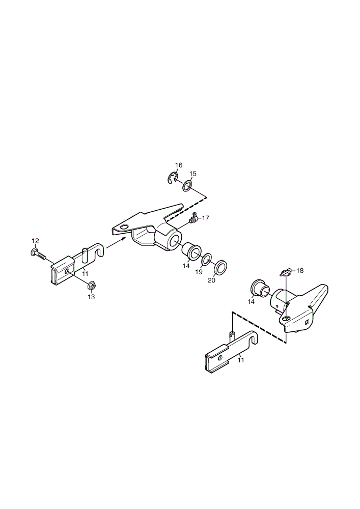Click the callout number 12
[35, 241]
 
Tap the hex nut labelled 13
[91, 286]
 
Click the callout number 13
[91, 297]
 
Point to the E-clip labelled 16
[173, 178]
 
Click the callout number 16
[179, 165]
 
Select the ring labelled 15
[187, 186]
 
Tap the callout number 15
[193, 174]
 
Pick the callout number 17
[206, 218]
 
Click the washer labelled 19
[206, 260]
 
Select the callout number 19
[199, 272]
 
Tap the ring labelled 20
[220, 267]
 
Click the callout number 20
[211, 280]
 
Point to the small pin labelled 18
[285, 272]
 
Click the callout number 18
[299, 270]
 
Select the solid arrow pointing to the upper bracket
[116, 242]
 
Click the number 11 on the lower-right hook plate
[240, 360]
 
